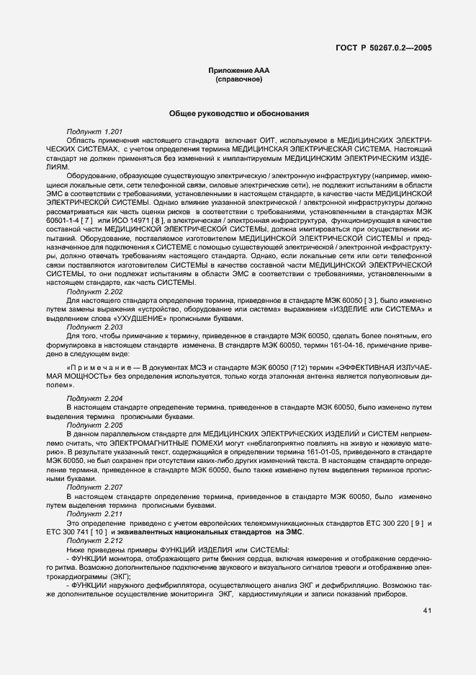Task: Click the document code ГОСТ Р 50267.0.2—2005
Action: [387, 49]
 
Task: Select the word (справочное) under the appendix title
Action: [238, 79]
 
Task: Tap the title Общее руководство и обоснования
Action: [238, 114]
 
